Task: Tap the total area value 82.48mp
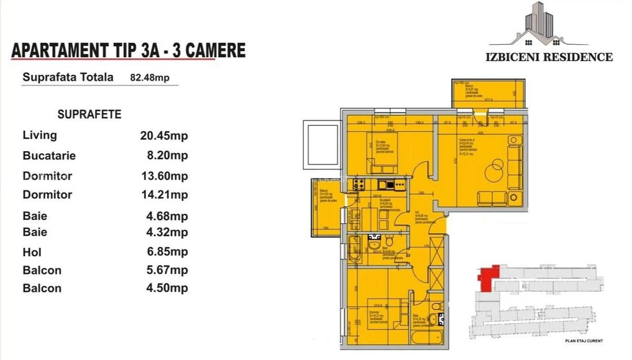coord(150,78)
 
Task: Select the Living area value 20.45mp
coord(164,136)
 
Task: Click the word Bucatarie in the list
coord(50,156)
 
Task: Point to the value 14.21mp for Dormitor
coord(164,195)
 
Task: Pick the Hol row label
coord(32,252)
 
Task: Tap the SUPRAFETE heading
coord(90,114)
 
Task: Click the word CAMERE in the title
coord(211,51)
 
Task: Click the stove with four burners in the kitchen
coord(360,184)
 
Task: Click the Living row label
coord(40,135)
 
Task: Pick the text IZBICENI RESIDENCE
coord(549,57)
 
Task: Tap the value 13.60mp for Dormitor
coord(164,176)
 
